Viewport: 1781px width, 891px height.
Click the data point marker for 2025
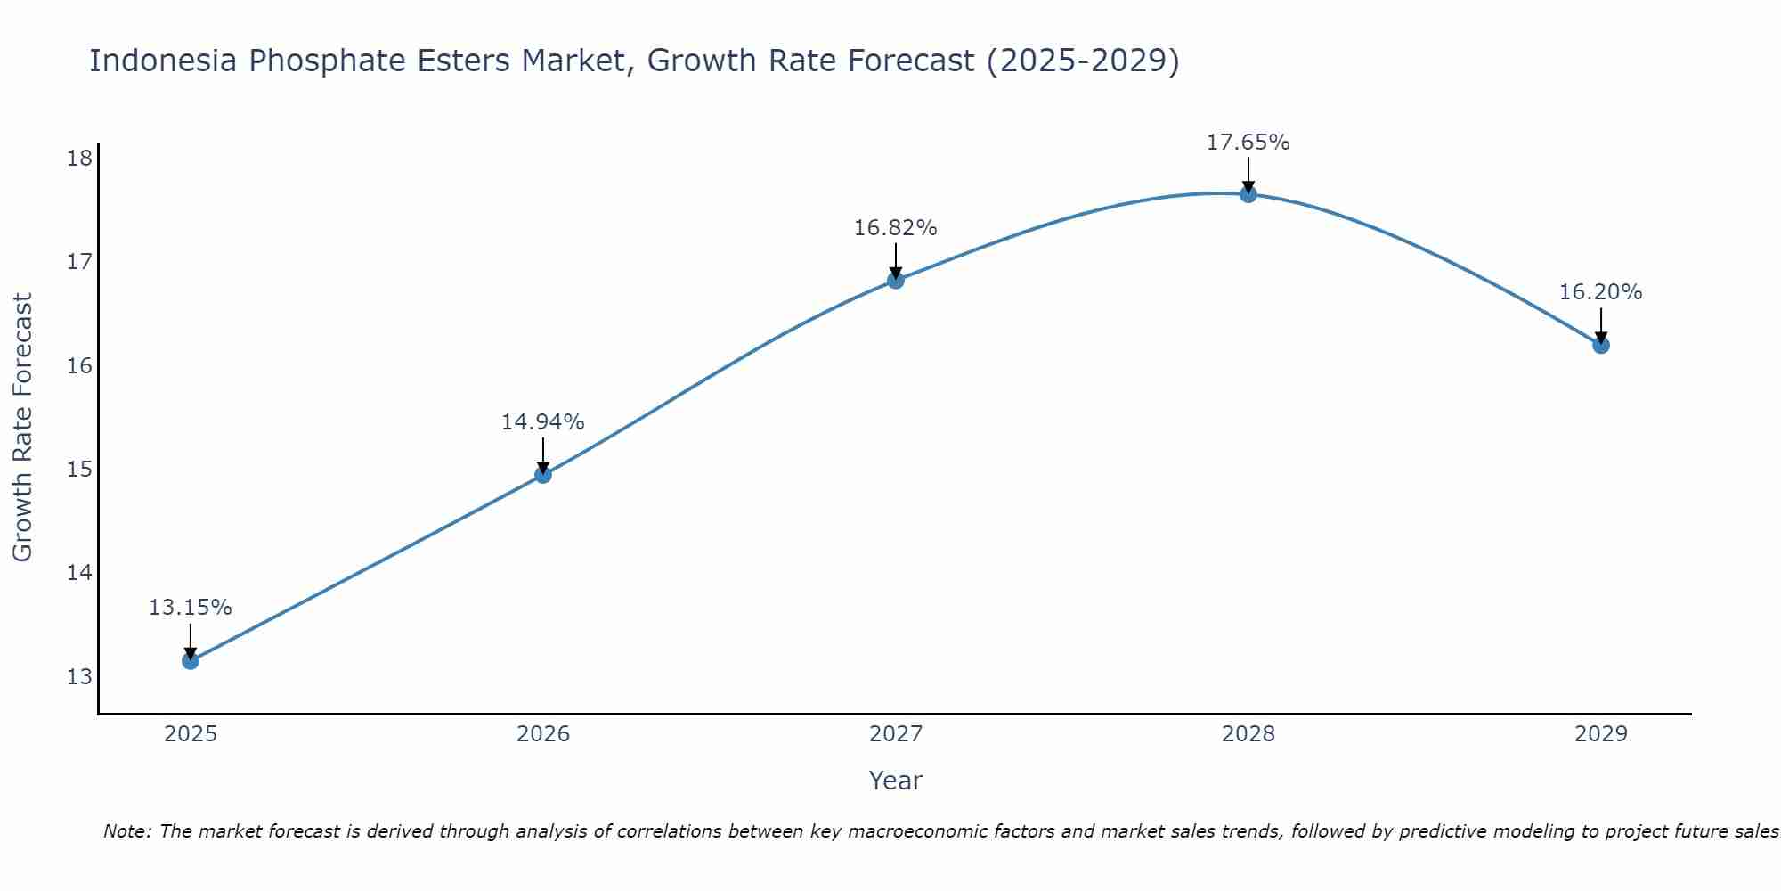(x=190, y=660)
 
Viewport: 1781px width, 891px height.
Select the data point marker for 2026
(x=543, y=474)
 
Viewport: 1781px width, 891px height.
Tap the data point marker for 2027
(x=896, y=280)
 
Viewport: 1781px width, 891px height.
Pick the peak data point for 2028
(x=1248, y=193)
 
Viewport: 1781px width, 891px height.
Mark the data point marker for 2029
(x=1601, y=345)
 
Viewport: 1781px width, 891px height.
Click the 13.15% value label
(x=190, y=608)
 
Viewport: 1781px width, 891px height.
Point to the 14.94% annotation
(x=542, y=421)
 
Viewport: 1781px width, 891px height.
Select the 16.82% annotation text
(x=895, y=228)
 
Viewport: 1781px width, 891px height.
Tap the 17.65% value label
(x=1248, y=143)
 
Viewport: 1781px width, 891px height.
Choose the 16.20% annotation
(x=1600, y=292)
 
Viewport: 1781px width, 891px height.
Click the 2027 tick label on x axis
(x=896, y=734)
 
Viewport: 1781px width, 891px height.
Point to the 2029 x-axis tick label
(x=1601, y=734)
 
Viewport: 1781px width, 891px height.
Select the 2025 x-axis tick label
(x=191, y=734)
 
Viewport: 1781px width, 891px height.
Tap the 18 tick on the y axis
(x=79, y=159)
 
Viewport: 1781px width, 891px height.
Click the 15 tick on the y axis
(x=79, y=469)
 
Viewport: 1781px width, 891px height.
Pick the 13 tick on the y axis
(x=79, y=676)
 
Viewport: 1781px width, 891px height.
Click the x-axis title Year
(x=895, y=781)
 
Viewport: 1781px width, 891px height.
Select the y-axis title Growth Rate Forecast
(x=23, y=428)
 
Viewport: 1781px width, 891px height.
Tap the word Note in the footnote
(x=127, y=831)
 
